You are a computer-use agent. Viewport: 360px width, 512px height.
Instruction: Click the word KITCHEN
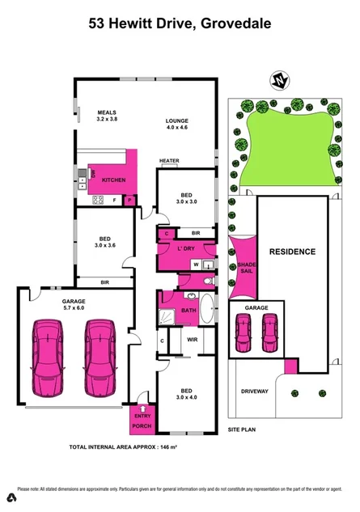pyautogui.click(x=114, y=179)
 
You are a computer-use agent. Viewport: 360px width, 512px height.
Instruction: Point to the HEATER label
pyautogui.click(x=168, y=161)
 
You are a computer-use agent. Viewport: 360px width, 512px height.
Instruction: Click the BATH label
pyautogui.click(x=188, y=310)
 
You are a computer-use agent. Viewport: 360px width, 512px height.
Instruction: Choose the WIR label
pyautogui.click(x=193, y=340)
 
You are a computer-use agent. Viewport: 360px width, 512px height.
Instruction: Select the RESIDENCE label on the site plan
pyautogui.click(x=292, y=252)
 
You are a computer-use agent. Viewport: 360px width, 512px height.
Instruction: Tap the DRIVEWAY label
pyautogui.click(x=254, y=391)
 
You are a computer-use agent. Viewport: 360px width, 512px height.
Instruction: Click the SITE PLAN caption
pyautogui.click(x=243, y=429)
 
